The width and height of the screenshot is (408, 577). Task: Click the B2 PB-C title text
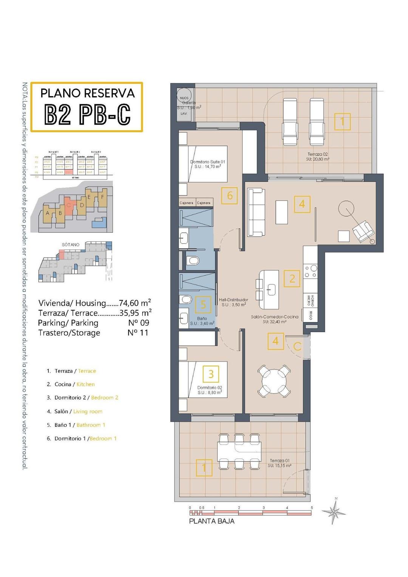click(87, 114)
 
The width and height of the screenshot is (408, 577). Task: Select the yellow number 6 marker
click(229, 196)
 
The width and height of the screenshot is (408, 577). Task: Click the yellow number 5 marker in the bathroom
click(203, 304)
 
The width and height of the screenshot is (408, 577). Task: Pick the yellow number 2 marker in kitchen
click(292, 278)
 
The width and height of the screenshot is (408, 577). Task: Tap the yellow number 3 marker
click(211, 374)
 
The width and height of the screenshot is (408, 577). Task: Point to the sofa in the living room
click(256, 212)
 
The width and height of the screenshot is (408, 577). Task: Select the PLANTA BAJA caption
click(212, 521)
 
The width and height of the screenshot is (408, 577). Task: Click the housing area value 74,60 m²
click(135, 303)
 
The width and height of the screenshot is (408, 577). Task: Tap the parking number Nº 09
click(139, 323)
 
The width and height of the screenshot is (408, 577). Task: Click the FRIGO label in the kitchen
click(311, 315)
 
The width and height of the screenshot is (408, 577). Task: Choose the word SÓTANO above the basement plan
click(71, 245)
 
